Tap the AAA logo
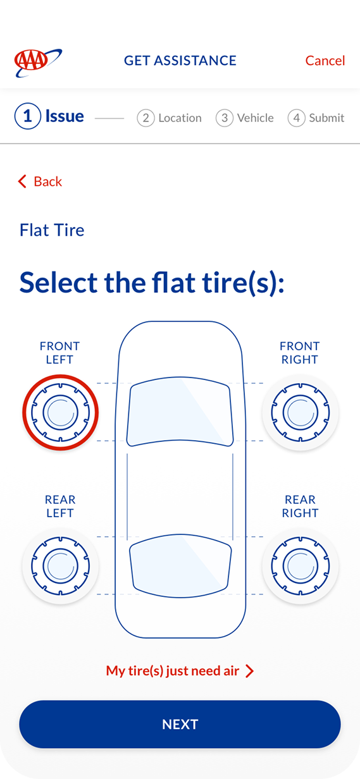pos(38,63)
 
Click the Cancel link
pos(325,61)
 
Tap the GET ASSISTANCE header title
pos(180,61)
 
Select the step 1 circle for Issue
pos(27,116)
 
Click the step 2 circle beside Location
pos(146,118)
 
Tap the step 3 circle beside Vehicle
pos(225,118)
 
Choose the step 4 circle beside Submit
pos(296,118)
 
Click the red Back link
pos(40,181)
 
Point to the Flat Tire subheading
pos(52,230)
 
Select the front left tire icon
pos(61,412)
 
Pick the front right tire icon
pos(300,412)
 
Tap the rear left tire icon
pos(61,566)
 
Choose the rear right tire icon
pos(300,566)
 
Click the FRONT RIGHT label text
pos(300,353)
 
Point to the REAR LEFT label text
pos(60,506)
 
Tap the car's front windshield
pos(180,412)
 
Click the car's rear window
pos(180,566)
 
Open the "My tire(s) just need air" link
pos(180,671)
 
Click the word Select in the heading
pos(58,283)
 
